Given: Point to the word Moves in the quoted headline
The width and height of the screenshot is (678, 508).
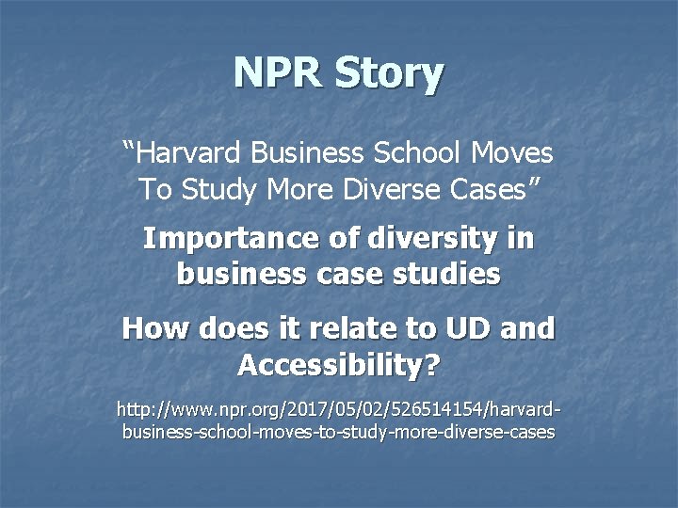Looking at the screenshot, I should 513,151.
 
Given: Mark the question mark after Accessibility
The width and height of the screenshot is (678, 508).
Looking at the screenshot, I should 431,364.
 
